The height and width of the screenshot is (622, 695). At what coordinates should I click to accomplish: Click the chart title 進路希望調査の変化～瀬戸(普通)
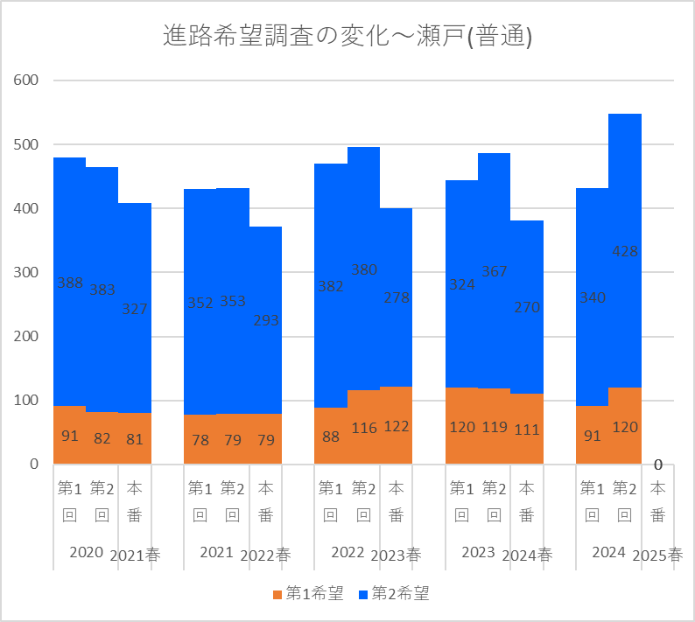347,37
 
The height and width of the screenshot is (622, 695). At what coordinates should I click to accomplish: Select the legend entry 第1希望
307,594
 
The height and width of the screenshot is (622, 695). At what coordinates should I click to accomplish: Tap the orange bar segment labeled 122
396,425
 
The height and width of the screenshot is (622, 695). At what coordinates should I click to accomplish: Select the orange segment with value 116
363,427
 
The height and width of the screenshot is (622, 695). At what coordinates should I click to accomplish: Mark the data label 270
527,308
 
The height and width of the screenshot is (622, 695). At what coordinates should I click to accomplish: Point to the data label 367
495,271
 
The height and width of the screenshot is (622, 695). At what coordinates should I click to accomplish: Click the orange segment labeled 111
527,429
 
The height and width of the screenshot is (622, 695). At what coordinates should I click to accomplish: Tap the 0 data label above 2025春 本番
657,465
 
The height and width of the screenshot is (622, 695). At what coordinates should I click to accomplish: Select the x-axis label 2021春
135,555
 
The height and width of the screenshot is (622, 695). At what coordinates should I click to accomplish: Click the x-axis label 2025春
657,555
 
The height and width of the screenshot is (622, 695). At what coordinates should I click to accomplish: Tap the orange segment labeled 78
200,439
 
